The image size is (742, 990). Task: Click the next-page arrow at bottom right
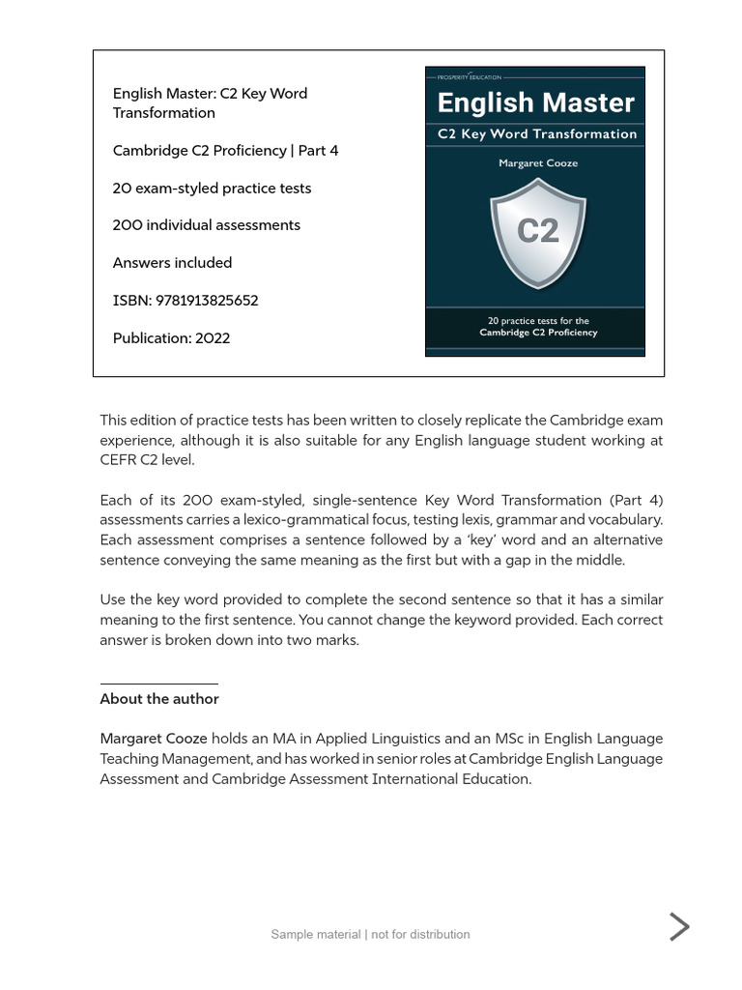680,926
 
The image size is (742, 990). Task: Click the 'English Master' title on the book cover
535,102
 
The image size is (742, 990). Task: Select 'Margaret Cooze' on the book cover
538,163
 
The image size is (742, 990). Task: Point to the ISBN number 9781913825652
206,301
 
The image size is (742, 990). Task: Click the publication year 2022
213,338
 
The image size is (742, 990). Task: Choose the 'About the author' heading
159,699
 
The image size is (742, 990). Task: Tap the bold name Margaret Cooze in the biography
154,739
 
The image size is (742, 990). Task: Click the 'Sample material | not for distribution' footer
370,934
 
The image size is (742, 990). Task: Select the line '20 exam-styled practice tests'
212,189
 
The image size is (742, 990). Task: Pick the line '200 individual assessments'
207,225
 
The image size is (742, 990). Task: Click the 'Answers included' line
172,263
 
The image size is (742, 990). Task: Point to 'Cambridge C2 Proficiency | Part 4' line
225,151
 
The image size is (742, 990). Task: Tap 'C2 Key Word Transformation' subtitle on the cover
537,134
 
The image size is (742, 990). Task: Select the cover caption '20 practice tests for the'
538,321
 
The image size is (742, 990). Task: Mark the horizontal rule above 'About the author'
158,684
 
